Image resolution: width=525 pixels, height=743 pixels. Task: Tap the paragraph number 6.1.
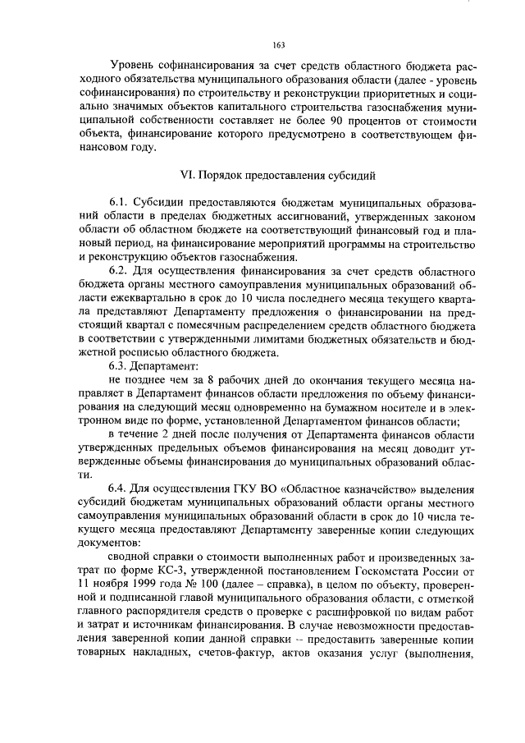click(119, 202)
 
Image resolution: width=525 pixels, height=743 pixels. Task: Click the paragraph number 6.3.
click(119, 365)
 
